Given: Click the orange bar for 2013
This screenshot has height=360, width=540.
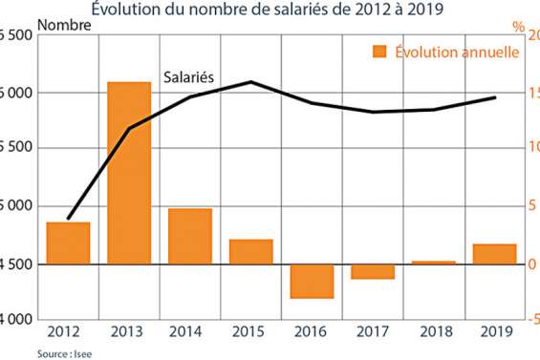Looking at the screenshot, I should [x=129, y=173].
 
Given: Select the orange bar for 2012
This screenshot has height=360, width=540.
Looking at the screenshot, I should [x=68, y=244].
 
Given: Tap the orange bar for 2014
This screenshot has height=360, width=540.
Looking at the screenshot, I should [x=190, y=236].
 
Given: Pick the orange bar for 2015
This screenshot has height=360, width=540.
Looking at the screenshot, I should [x=251, y=252].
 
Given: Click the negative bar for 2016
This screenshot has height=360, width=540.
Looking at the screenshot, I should [x=312, y=281].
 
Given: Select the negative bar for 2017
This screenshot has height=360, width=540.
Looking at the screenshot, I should [x=373, y=271].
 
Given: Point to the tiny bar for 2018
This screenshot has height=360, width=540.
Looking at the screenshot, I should [x=434, y=263].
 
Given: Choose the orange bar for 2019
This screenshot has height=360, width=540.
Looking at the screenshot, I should [x=495, y=254].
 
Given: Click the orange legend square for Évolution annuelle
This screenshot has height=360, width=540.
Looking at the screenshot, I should [x=379, y=52].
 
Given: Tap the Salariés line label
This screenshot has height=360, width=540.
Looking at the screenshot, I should [x=187, y=75].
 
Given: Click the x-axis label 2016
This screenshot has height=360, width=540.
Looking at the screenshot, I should [x=312, y=330].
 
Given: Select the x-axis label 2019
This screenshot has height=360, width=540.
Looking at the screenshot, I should [x=495, y=330].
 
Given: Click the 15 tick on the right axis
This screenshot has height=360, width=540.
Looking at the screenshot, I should [x=533, y=93].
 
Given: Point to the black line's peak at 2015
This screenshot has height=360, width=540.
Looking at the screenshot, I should [x=250, y=82].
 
